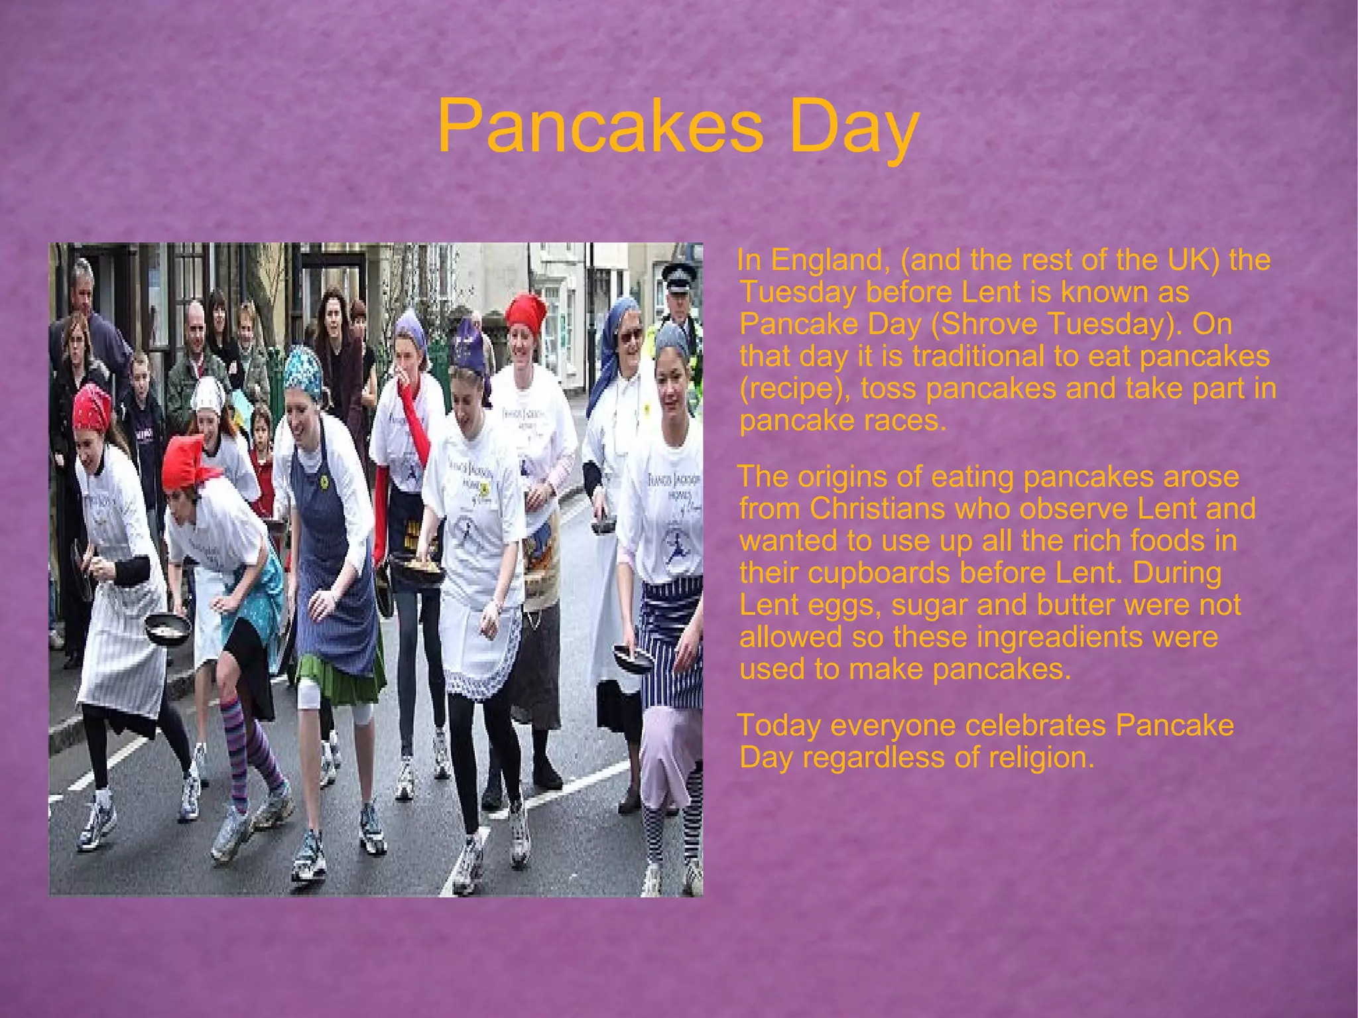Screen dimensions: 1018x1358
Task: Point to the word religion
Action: pyautogui.click(x=1037, y=757)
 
